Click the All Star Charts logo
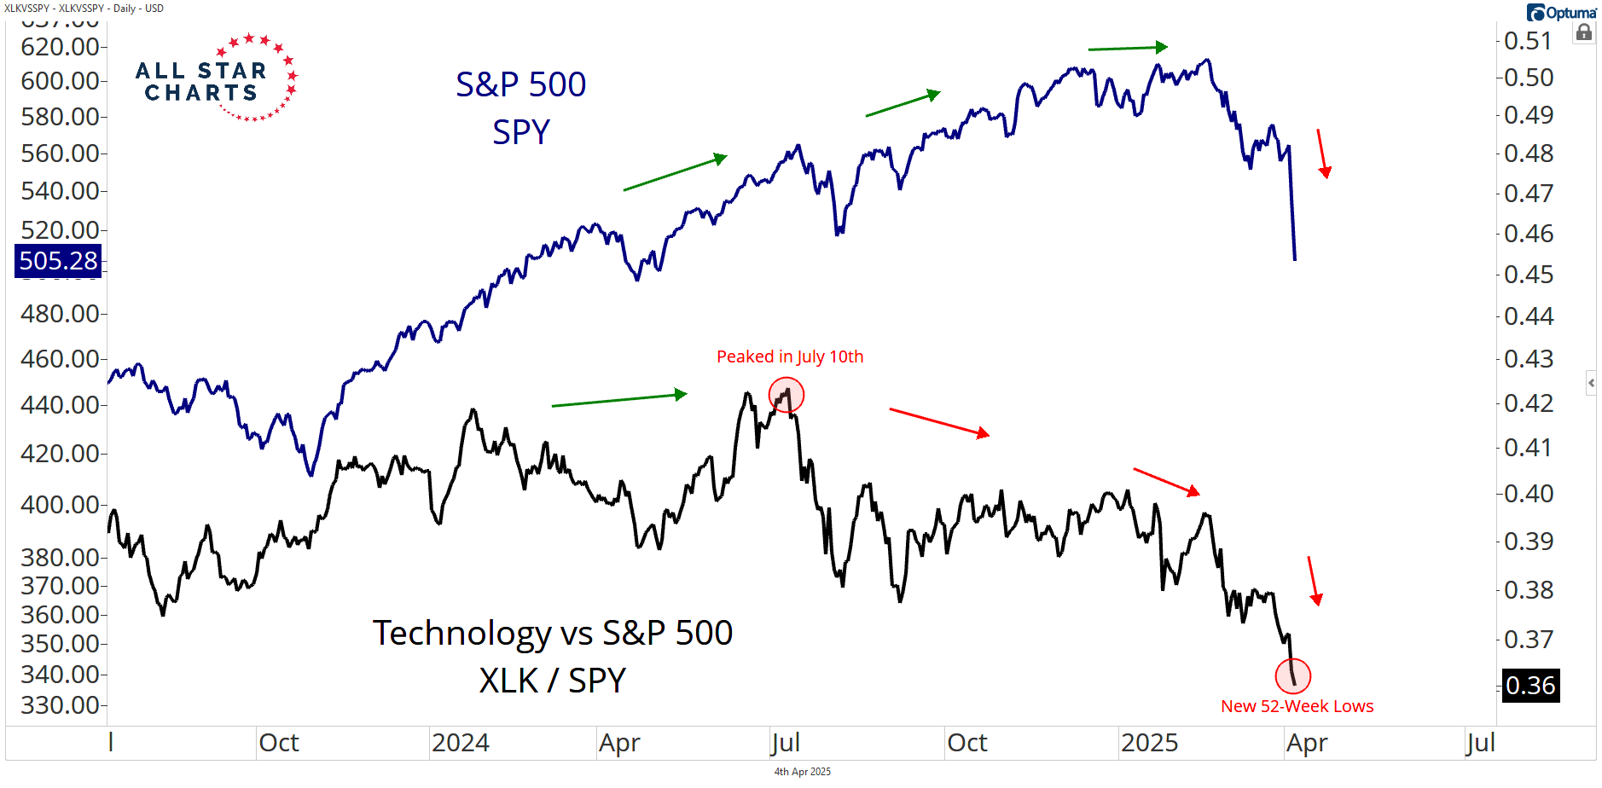216,79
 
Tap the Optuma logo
1561,13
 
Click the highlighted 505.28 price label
58,260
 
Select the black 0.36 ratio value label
1530,685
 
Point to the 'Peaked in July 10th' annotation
790,356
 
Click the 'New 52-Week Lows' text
1297,706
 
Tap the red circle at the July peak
786,395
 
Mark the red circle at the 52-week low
1293,675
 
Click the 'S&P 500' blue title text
520,84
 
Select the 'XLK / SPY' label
552,681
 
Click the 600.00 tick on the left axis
60,80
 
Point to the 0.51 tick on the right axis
1528,40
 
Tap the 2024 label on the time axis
461,743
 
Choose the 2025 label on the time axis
1149,743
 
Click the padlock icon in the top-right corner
1584,33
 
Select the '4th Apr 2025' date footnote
802,772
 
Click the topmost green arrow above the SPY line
1128,48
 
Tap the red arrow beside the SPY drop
1323,154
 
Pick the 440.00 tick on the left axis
60,404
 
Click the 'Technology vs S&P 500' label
552,633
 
